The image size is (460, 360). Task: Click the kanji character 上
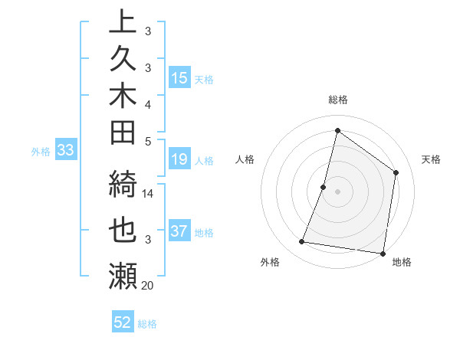coord(123,21)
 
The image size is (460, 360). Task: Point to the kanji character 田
coord(123,133)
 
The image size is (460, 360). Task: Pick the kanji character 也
coord(123,230)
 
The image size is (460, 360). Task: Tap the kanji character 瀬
coord(123,276)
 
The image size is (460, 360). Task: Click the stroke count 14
coord(148,194)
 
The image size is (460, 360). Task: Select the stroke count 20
coord(148,286)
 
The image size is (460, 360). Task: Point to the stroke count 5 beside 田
coord(148,141)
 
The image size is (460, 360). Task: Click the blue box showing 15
coord(179,78)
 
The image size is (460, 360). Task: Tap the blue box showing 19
coord(179,160)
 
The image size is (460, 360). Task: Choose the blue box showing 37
coord(179,231)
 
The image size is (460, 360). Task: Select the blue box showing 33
coord(65,151)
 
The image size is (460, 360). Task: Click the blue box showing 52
coord(123,322)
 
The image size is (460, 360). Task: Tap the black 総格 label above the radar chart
coord(338,100)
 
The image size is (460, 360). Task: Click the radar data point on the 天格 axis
coord(396,172)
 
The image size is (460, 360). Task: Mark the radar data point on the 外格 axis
coord(302,242)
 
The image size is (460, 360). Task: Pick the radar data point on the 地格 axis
coord(383,253)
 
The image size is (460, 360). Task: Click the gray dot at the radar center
coord(337,191)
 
